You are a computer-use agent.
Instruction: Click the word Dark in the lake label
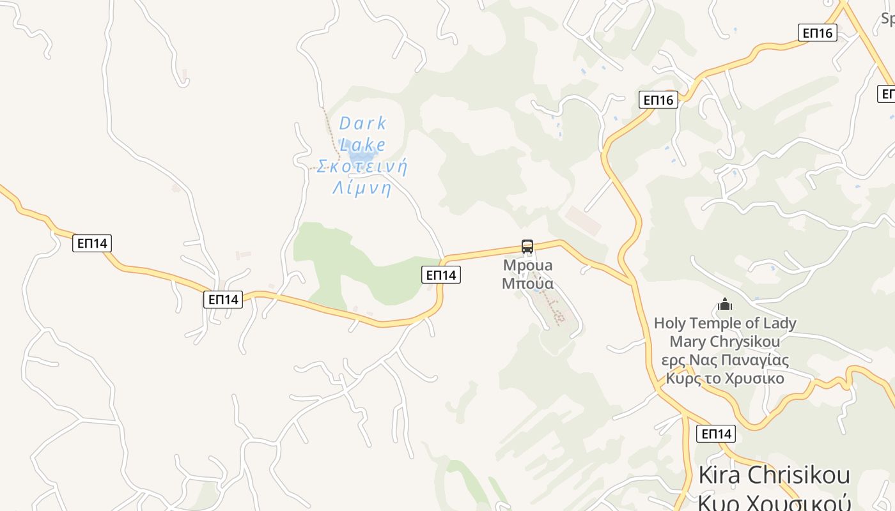pos(362,123)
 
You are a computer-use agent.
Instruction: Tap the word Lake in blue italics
pos(362,145)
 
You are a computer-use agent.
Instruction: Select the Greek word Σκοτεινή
pos(362,167)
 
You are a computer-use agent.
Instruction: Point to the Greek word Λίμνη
pos(362,188)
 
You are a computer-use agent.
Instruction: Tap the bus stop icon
pos(527,247)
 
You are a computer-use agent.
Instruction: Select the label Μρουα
pos(527,265)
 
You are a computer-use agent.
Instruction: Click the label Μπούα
pos(527,283)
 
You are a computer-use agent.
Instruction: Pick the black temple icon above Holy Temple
pos(725,304)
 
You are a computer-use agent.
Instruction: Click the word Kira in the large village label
pos(720,476)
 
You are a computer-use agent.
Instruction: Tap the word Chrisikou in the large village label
pos(799,476)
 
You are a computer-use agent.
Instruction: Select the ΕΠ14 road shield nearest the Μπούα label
pos(441,275)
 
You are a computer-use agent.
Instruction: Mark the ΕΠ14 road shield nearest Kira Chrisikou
pos(716,434)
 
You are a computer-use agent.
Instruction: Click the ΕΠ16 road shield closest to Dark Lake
pos(658,100)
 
